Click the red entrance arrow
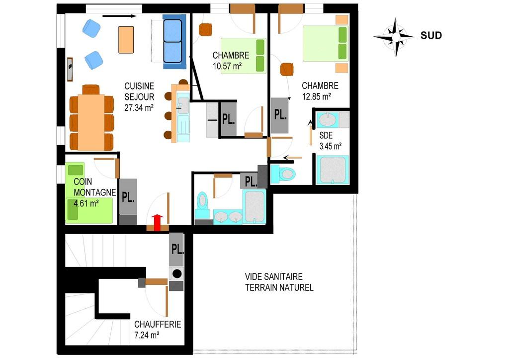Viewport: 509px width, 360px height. click(158, 223)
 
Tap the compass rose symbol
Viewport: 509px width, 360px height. click(394, 36)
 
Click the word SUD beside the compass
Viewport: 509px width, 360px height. click(431, 35)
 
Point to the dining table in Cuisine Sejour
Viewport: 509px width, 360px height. click(91, 122)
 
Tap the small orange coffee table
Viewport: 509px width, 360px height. click(126, 39)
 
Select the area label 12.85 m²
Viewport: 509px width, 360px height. click(317, 96)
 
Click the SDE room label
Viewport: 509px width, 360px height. click(326, 135)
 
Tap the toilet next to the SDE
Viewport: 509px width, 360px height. click(286, 174)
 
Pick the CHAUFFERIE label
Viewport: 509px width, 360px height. click(158, 324)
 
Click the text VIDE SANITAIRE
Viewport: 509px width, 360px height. click(273, 276)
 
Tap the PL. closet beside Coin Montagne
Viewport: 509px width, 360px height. click(128, 197)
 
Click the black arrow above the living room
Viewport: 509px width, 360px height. click(119, 16)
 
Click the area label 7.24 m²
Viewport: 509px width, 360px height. click(147, 336)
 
